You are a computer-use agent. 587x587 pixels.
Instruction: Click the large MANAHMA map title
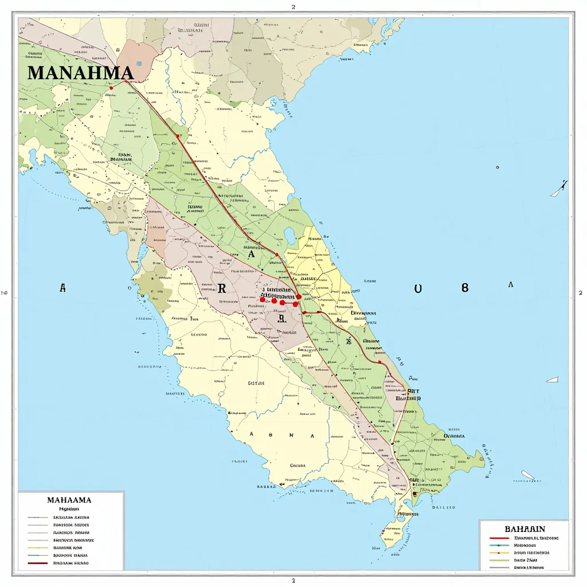pos(80,73)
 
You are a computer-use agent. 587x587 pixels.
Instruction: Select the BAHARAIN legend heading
pos(525,529)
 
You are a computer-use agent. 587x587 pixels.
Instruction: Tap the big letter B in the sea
pos(465,288)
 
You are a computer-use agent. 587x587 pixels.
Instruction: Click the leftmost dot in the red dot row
pos(263,299)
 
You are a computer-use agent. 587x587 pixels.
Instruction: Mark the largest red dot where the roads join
pos(299,297)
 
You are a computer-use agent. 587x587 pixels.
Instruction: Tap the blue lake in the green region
pos(289,235)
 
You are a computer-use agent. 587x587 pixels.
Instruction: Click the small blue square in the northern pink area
pos(138,64)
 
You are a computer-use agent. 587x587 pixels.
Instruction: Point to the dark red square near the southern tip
pos(414,493)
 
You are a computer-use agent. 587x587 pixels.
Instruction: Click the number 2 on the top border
pos(293,7)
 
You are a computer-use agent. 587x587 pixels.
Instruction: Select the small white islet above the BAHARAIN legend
pos(527,475)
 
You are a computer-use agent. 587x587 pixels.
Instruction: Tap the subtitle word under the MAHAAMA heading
pos(69,508)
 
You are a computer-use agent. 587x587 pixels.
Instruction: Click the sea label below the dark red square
pos(443,507)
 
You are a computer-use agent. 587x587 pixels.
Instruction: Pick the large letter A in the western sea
pos(62,289)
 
